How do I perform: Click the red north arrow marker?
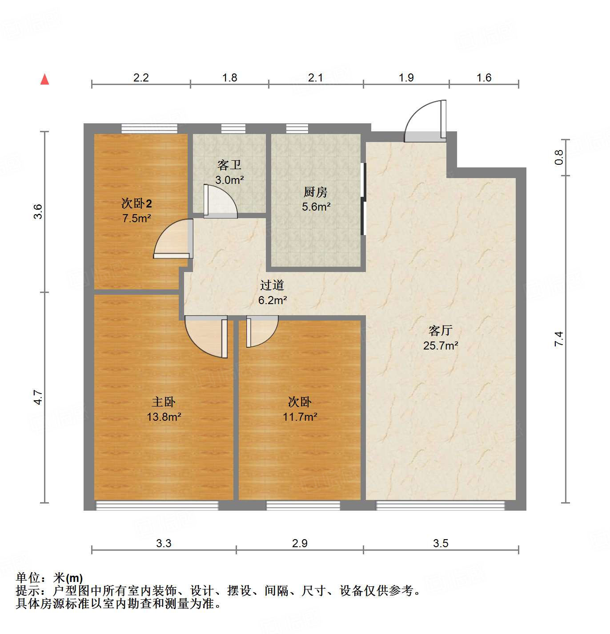pyautogui.click(x=44, y=79)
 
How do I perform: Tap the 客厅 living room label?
pyautogui.click(x=440, y=330)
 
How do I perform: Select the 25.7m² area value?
pyautogui.click(x=440, y=345)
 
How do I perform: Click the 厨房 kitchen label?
pyautogui.click(x=315, y=192)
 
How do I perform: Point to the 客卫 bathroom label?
pyautogui.click(x=229, y=165)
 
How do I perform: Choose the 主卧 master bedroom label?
pyautogui.click(x=163, y=402)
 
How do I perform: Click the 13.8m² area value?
pyautogui.click(x=164, y=417)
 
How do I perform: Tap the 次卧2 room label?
pyautogui.click(x=136, y=203)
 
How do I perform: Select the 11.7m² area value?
pyautogui.click(x=300, y=417)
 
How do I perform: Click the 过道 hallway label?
pyautogui.click(x=272, y=285)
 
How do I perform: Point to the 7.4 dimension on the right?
pyautogui.click(x=559, y=339)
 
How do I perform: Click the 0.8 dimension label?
pyautogui.click(x=559, y=157)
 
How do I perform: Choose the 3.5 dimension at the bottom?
pyautogui.click(x=440, y=543)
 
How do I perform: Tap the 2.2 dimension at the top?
pyautogui.click(x=141, y=77)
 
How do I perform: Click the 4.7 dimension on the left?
pyautogui.click(x=38, y=397)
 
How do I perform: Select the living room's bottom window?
pyautogui.click(x=440, y=505)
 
